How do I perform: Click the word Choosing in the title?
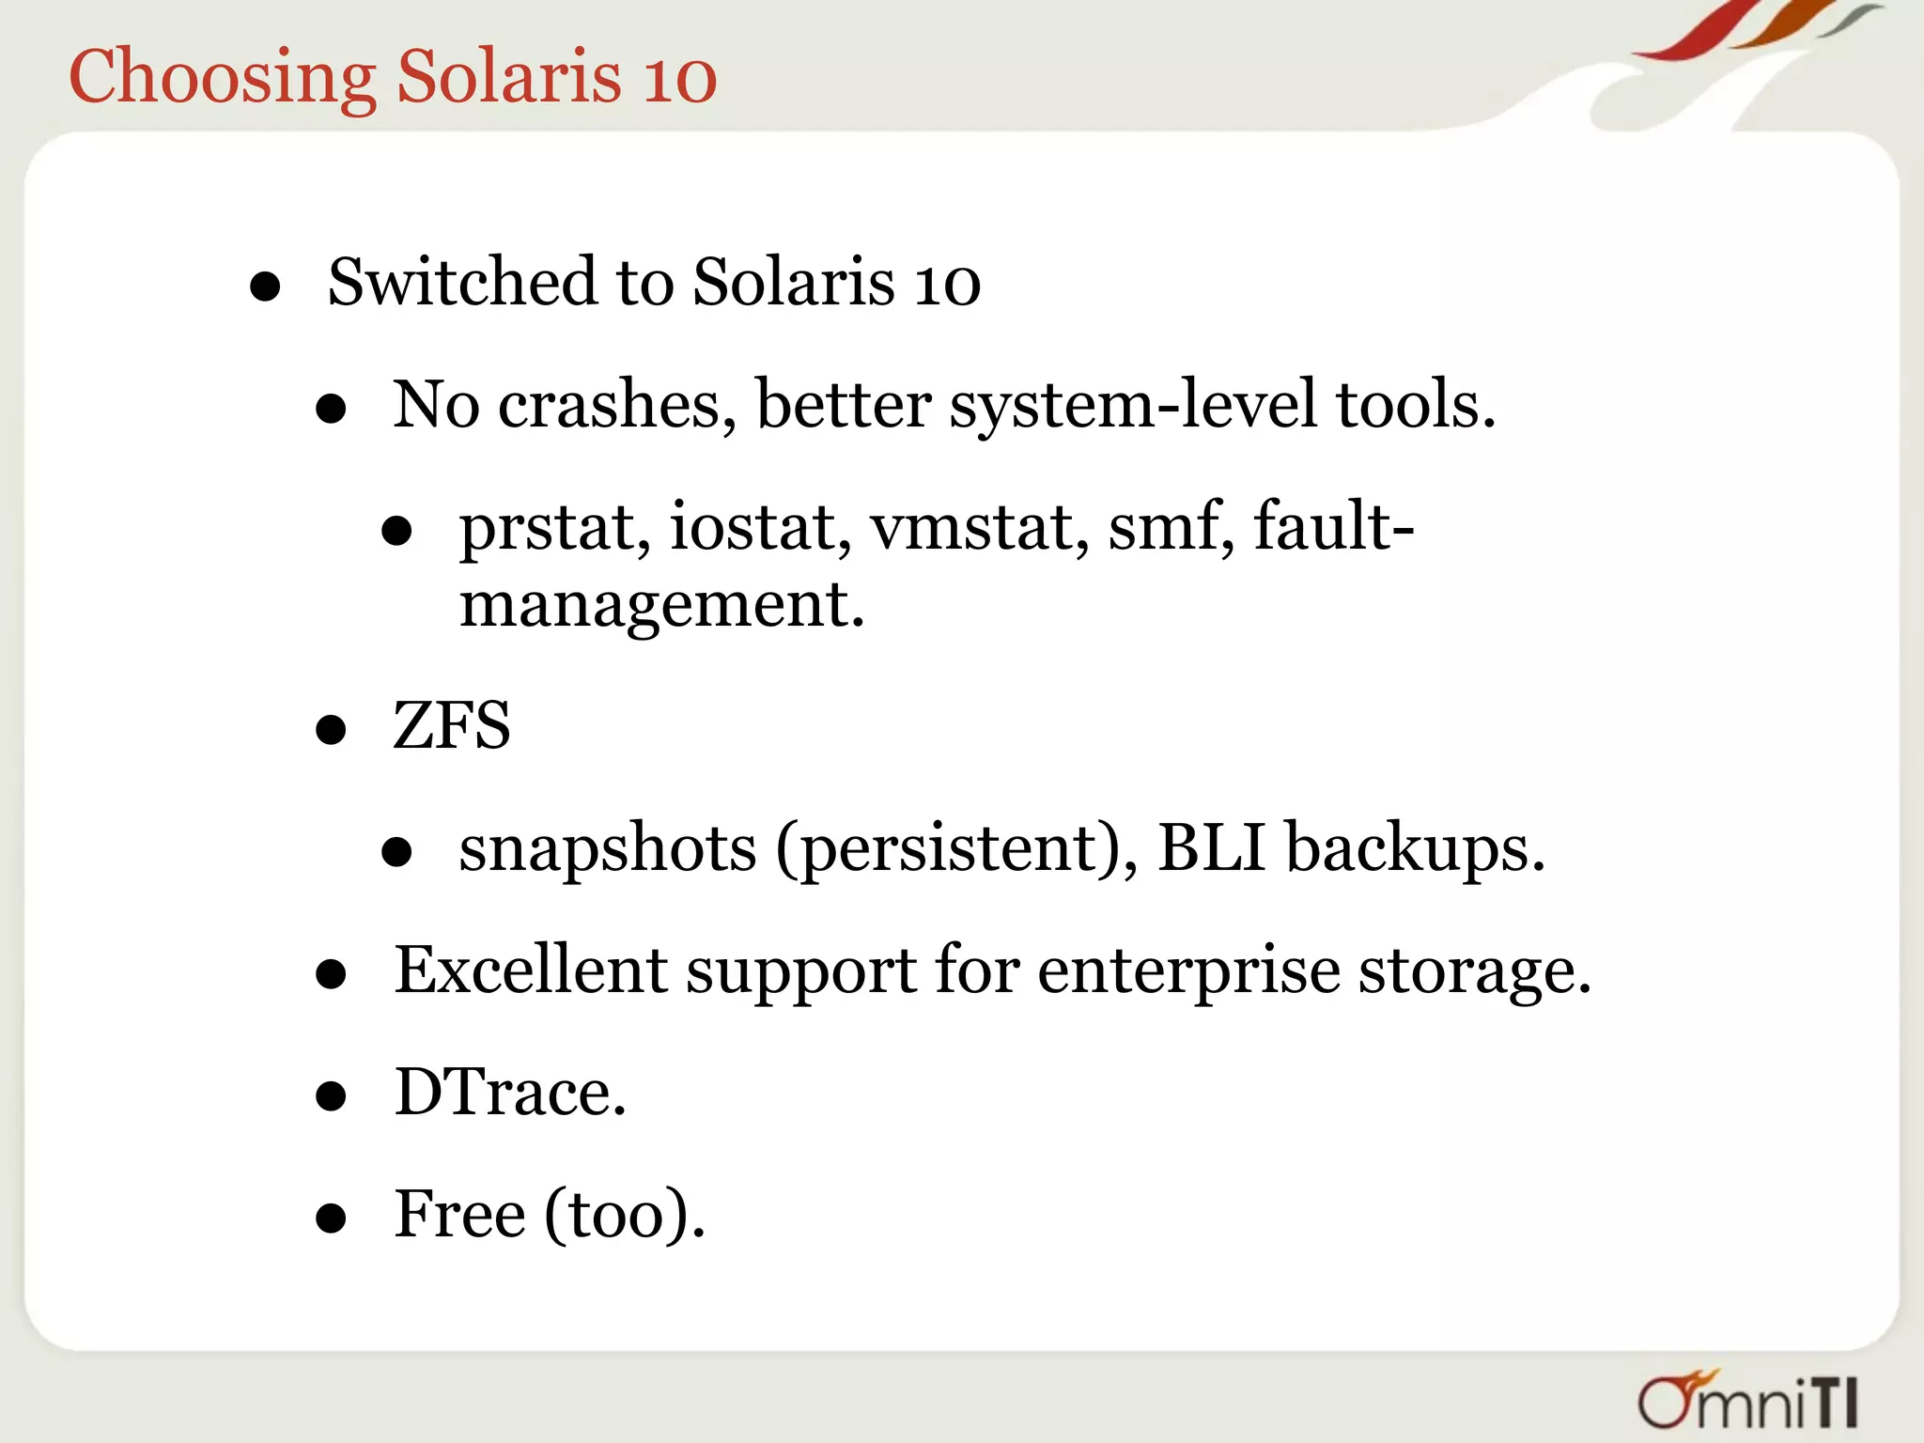click(222, 77)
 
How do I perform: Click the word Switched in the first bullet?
click(461, 282)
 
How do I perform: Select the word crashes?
click(616, 405)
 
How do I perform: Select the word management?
click(660, 604)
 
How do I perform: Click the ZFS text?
click(452, 726)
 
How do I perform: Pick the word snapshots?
click(607, 848)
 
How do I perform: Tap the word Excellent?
click(530, 970)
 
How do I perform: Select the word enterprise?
click(1187, 970)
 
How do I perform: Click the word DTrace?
click(509, 1093)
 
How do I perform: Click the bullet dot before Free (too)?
click(331, 1218)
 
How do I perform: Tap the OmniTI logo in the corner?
click(1748, 1400)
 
